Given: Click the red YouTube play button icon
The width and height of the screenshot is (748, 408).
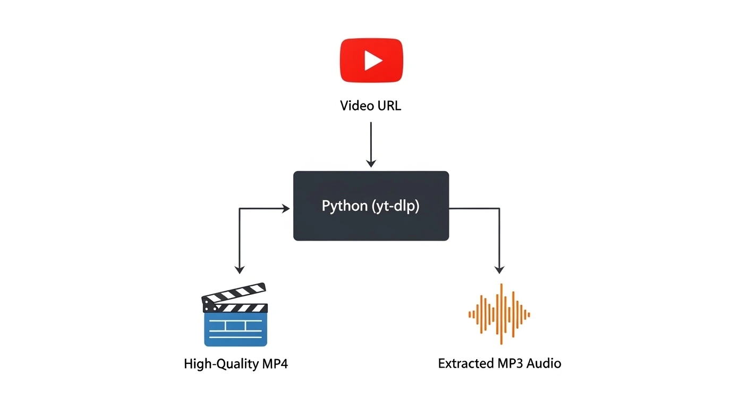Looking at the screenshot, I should (371, 61).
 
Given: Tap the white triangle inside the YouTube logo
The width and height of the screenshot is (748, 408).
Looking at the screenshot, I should (373, 61).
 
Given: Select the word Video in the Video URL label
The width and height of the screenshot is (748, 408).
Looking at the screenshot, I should (356, 106).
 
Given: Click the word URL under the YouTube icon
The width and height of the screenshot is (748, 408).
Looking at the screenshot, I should (388, 106).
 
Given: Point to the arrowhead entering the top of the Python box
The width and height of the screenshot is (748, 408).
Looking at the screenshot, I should (371, 163).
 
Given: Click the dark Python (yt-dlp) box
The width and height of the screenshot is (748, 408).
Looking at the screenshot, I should (371, 223).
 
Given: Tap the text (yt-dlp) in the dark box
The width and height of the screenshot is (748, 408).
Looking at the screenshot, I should (394, 206).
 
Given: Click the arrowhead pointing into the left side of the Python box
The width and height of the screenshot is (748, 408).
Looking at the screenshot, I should (286, 209).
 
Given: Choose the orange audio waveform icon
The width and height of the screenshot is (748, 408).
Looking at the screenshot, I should (499, 314).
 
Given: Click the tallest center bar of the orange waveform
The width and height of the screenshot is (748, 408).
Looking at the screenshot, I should (500, 314).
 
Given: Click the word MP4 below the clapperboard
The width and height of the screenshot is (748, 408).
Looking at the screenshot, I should (274, 364).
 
